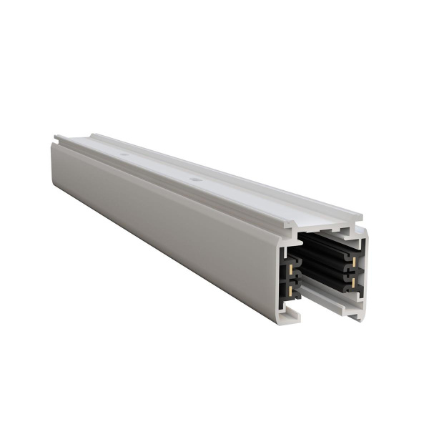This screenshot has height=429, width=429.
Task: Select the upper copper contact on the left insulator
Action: coord(292,262)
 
